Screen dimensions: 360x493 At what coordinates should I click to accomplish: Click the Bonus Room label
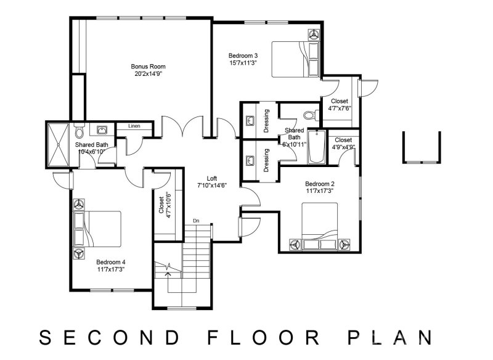(x=148, y=67)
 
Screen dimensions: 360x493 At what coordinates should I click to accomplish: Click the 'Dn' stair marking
(x=195, y=220)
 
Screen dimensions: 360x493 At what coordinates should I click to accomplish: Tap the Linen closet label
(x=134, y=126)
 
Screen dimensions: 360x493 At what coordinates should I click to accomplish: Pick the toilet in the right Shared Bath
(x=309, y=114)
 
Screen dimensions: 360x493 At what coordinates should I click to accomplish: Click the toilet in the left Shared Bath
(x=79, y=133)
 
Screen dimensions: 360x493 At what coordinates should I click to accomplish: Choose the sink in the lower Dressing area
(x=250, y=161)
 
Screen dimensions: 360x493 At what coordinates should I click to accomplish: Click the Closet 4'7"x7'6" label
(x=339, y=101)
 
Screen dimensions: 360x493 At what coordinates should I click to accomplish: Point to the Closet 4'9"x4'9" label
(x=343, y=140)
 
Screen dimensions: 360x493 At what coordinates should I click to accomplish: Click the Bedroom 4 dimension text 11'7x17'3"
(x=110, y=269)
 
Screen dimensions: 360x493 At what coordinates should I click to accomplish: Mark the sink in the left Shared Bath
(x=101, y=130)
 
